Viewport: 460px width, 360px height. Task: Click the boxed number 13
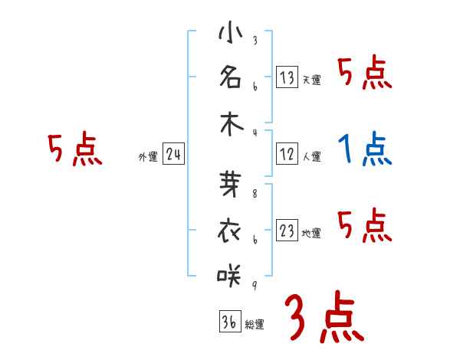(x=287, y=77)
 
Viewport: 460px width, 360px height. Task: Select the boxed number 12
(x=287, y=154)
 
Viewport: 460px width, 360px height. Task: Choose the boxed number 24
(x=173, y=155)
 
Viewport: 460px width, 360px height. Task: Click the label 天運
(x=311, y=80)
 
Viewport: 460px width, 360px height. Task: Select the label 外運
(x=147, y=157)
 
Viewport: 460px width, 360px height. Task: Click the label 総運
(x=255, y=325)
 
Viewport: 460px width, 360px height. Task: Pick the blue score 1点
(x=365, y=149)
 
